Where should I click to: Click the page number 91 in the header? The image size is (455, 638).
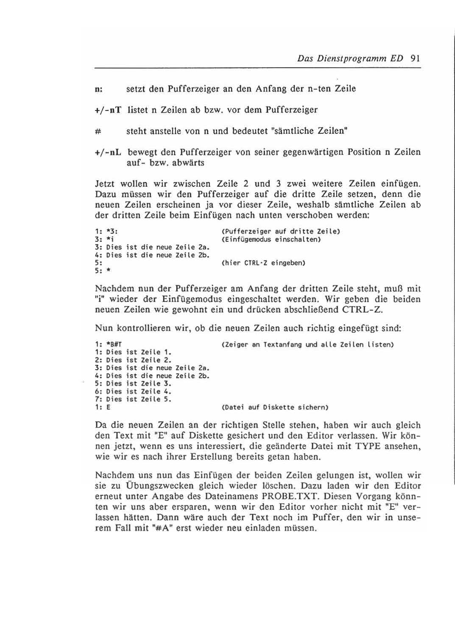pyautogui.click(x=415, y=58)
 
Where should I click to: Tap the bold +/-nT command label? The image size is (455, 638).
pyautogui.click(x=109, y=110)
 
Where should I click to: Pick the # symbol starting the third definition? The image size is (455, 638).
pyautogui.click(x=98, y=131)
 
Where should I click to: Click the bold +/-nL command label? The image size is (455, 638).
pyautogui.click(x=109, y=152)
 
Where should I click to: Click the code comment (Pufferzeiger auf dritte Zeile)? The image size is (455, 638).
pyautogui.click(x=281, y=232)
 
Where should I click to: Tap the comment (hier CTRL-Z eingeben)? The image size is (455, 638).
pyautogui.click(x=263, y=263)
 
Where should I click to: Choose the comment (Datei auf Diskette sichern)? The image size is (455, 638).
pyautogui.click(x=275, y=408)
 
